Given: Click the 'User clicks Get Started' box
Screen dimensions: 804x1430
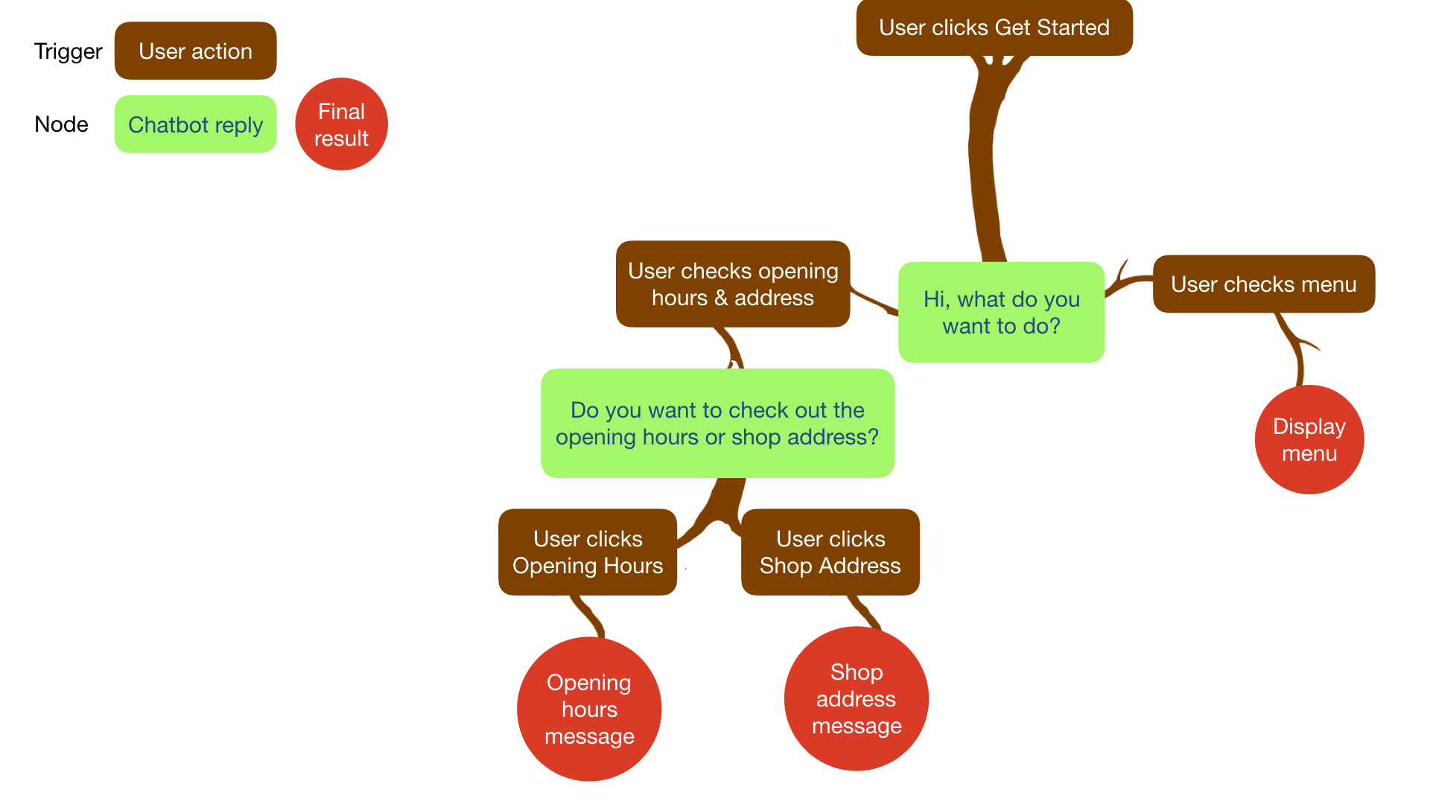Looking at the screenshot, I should click(994, 28).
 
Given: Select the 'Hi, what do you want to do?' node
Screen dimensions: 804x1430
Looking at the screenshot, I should click(1001, 313).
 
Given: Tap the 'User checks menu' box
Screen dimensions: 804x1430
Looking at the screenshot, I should click(1263, 284).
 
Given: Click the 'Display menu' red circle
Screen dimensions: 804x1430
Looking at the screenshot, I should click(1309, 439).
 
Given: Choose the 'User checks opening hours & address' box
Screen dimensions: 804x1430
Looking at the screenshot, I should click(732, 284).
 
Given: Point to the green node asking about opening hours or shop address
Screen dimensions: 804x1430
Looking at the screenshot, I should click(717, 423).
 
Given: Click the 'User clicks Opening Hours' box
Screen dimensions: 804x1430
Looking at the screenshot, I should click(587, 552).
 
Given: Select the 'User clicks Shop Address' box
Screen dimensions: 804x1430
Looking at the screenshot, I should click(830, 552).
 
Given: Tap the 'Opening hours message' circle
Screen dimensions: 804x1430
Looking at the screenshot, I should click(588, 709).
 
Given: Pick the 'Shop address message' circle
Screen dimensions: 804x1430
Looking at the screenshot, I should click(856, 698).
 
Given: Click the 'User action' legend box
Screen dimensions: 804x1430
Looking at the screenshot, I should click(195, 51).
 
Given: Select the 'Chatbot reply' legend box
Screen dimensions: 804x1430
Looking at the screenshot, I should click(195, 124).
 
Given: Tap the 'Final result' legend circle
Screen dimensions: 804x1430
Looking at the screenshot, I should click(341, 124).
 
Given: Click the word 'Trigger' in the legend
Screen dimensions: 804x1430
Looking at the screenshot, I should click(68, 51).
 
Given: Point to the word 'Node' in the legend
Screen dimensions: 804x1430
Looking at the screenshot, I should click(61, 124).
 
